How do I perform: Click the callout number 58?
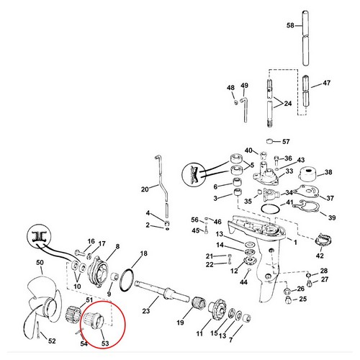[x=290, y=26]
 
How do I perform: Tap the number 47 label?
[x=327, y=84]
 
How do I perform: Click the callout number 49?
[x=244, y=86]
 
